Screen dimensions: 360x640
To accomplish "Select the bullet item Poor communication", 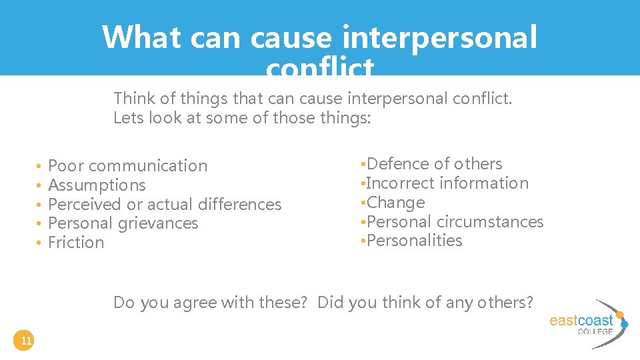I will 127,165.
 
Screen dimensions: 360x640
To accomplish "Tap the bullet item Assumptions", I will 97,185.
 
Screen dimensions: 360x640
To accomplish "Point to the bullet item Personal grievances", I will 123,223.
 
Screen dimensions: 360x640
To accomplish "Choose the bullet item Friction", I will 76,243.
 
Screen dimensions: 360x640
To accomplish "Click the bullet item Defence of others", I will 434,164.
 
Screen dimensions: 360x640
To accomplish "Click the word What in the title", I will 141,37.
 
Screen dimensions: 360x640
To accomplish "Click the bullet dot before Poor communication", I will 40,166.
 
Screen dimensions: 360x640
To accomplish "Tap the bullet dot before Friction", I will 40,243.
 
